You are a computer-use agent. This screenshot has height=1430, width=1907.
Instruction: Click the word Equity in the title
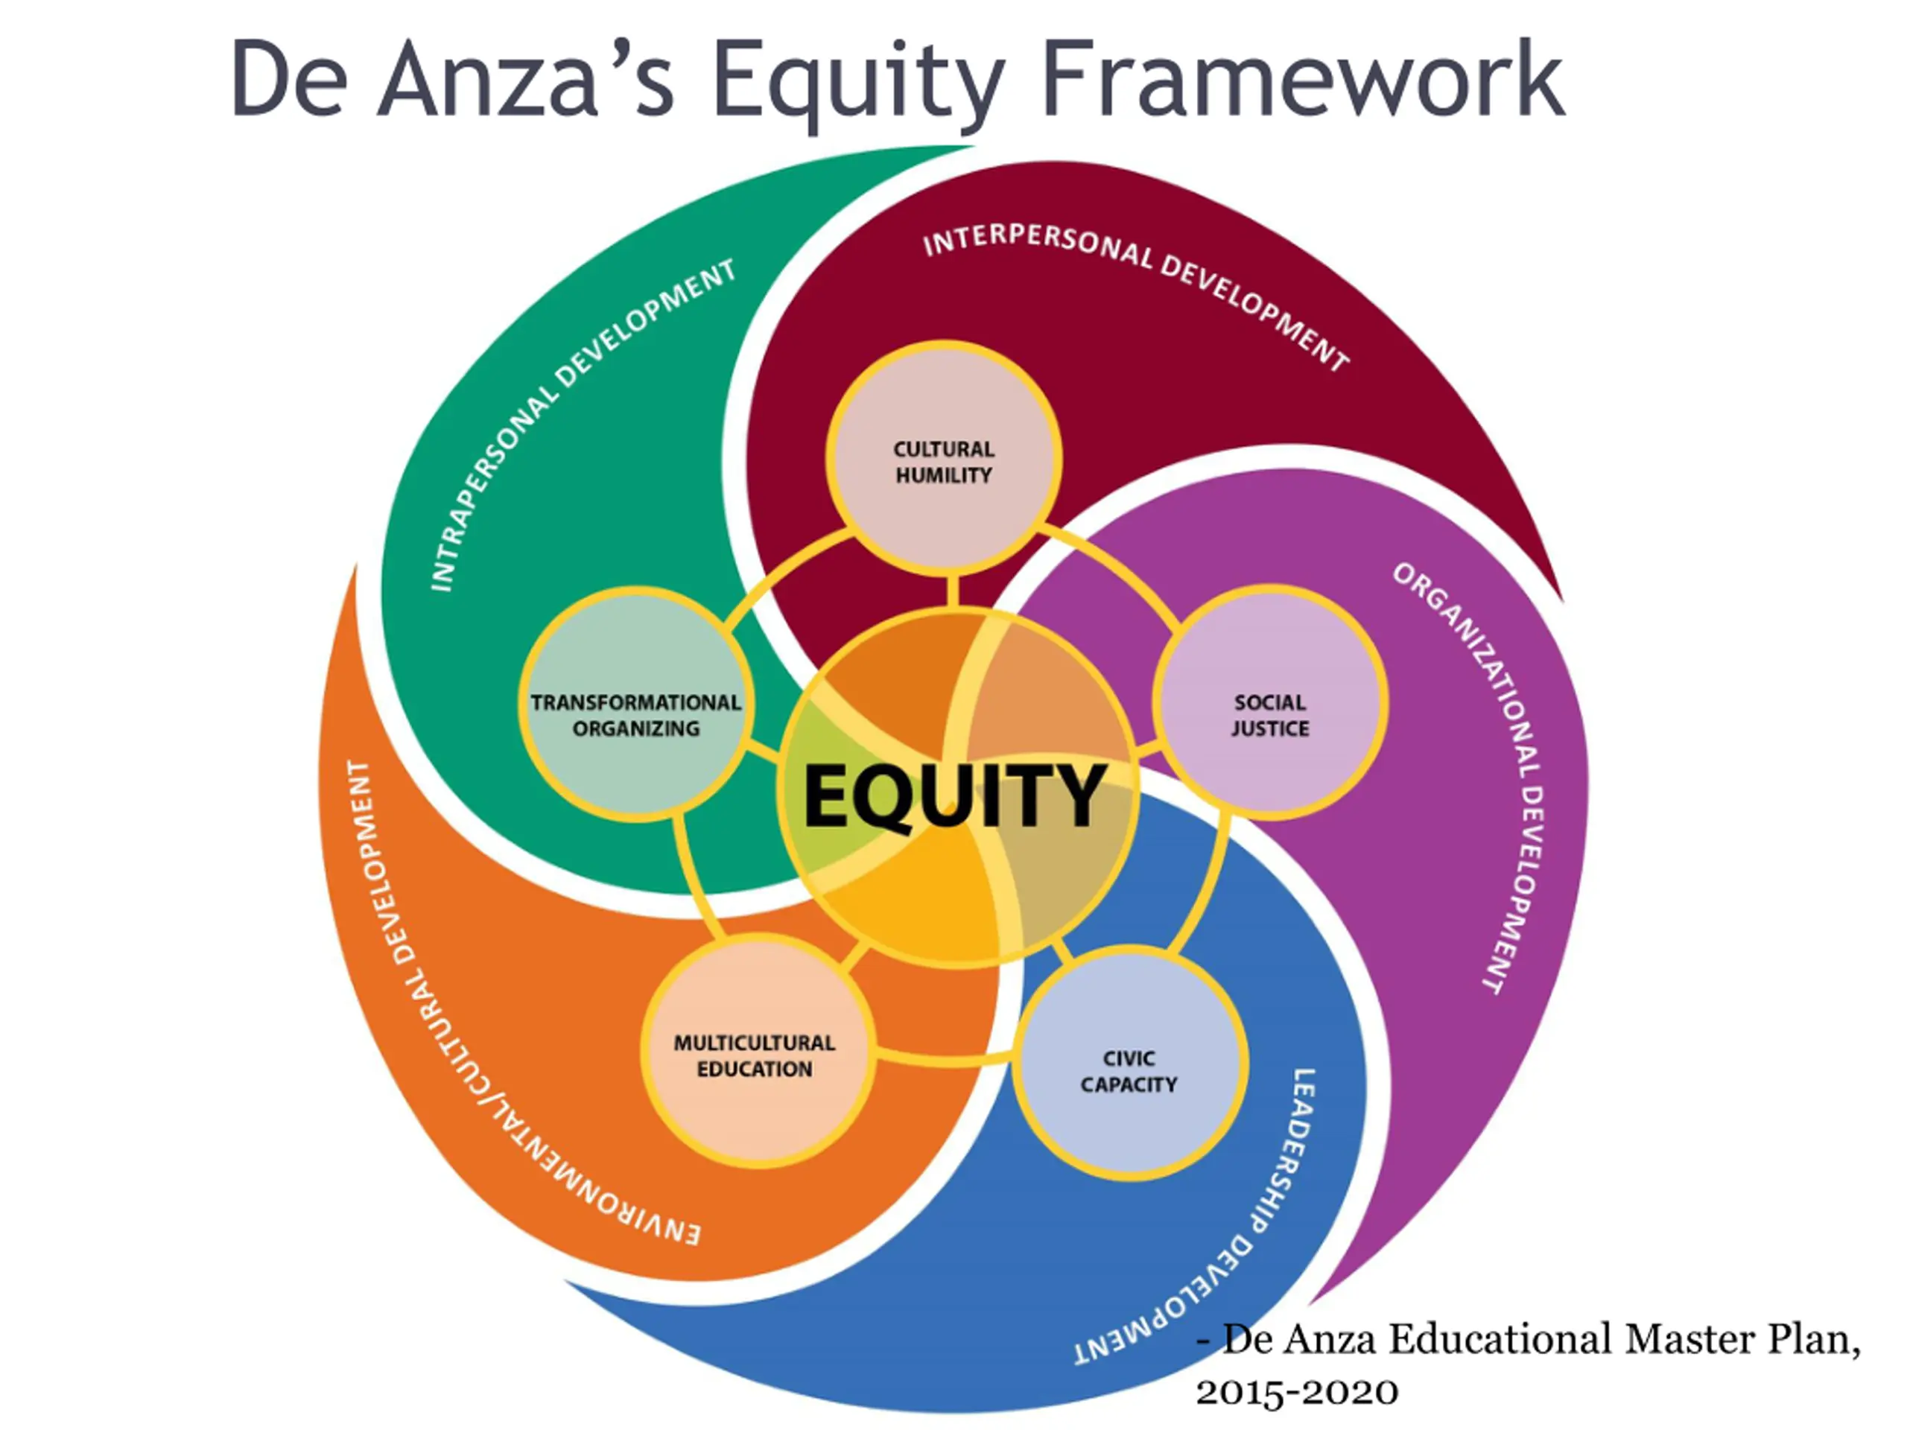click(858, 82)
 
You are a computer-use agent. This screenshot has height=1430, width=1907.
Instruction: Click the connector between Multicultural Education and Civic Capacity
click(944, 1061)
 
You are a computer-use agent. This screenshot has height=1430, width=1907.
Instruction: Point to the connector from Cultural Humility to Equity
click(953, 591)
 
